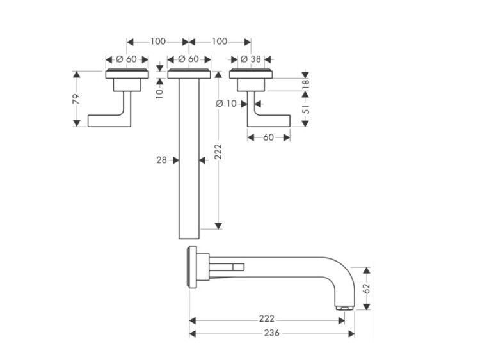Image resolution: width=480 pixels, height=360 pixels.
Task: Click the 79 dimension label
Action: pos(76,99)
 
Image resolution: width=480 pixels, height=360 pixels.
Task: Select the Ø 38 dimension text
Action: pos(251,59)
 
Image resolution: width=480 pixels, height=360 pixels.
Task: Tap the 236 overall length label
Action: pos(271,333)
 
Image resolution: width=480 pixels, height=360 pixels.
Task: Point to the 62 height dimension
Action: pos(367,288)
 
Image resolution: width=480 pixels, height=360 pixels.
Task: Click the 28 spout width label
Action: pos(162,160)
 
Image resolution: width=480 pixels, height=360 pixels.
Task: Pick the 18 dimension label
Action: pos(306,84)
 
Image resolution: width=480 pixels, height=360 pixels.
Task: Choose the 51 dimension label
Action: pos(306,109)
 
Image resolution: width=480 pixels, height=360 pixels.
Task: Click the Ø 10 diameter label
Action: pos(226,104)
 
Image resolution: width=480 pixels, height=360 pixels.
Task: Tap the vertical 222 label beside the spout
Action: pos(218,152)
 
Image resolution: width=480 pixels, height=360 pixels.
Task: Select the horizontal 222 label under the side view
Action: pos(267,318)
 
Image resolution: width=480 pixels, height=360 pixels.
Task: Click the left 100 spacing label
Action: pos(158,42)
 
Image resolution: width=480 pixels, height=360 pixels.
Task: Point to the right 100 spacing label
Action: pos(220,42)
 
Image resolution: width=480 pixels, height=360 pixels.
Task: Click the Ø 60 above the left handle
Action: pos(127,59)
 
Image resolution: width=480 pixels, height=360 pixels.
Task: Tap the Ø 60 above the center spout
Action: pos(189,59)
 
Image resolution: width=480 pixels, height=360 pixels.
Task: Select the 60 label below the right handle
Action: pos(268,137)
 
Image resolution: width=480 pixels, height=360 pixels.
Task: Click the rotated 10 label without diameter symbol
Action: pos(159,93)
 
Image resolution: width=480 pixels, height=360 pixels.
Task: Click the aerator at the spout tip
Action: pos(345,308)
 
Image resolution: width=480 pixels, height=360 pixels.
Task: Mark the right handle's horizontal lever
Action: pos(272,121)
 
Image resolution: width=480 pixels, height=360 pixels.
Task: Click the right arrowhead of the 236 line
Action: pos(351,333)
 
